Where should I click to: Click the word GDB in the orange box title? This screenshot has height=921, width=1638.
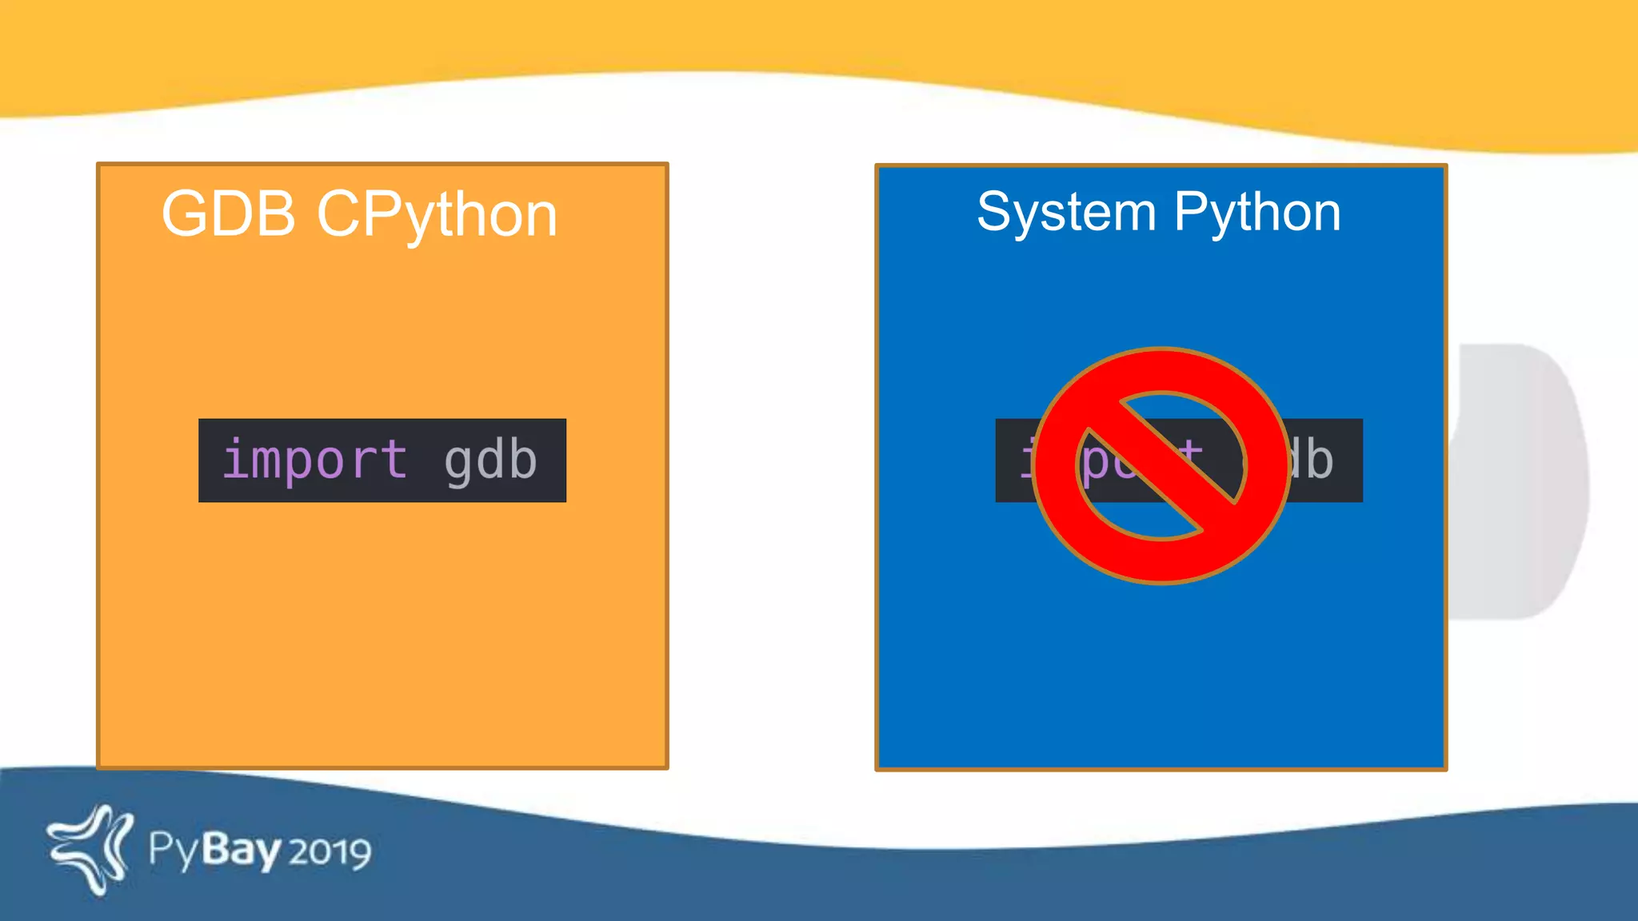[229, 214]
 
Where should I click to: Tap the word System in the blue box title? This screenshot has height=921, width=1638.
[1066, 213]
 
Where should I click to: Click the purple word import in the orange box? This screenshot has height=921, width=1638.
[314, 460]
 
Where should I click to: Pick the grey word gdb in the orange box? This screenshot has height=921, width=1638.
[490, 460]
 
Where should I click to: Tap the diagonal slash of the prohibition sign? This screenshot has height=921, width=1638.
[1160, 466]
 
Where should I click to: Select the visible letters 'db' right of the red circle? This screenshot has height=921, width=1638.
[1311, 460]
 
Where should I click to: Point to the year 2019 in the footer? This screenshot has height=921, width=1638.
[330, 852]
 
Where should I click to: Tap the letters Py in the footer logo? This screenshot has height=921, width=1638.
[173, 852]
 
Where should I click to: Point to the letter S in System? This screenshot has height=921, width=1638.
[994, 213]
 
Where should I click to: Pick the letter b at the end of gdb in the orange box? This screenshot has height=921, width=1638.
[522, 459]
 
